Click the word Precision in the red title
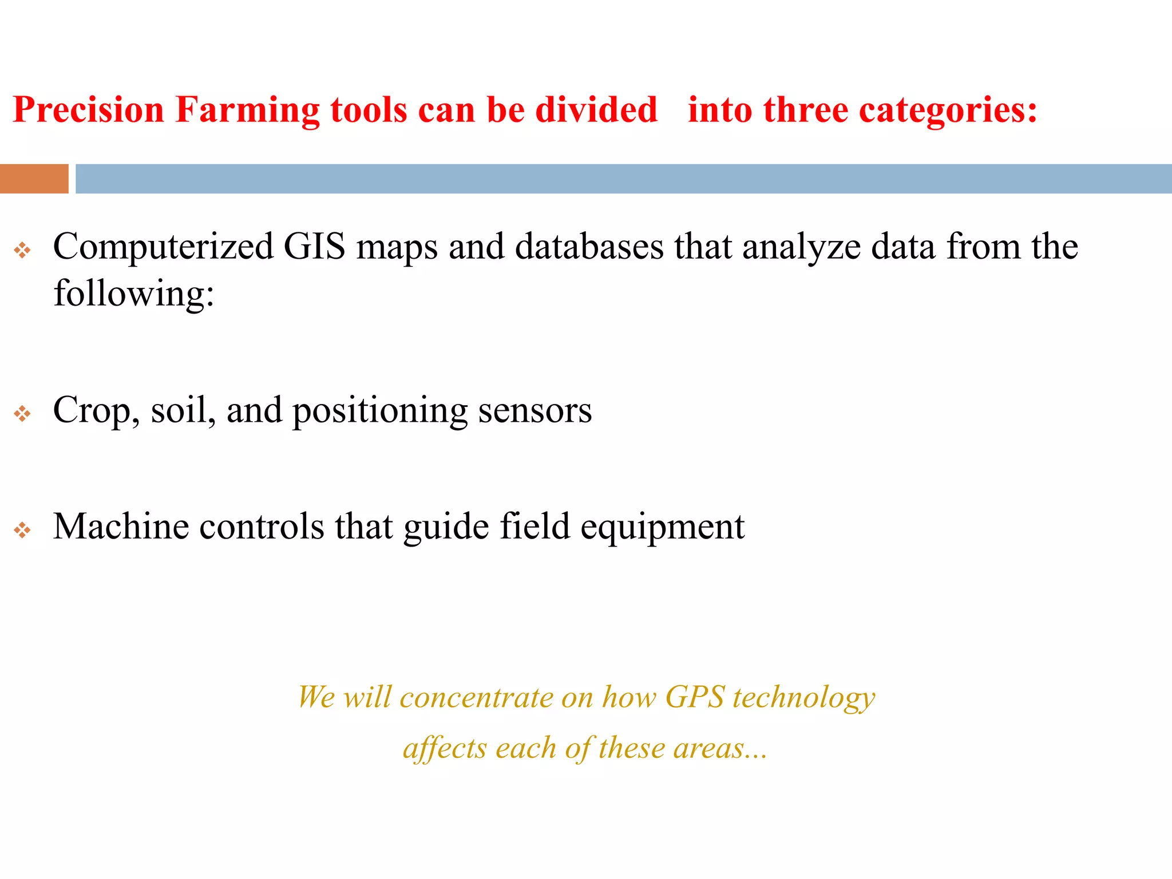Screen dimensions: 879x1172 [89, 109]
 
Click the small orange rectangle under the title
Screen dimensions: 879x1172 [34, 179]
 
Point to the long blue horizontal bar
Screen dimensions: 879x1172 [623, 179]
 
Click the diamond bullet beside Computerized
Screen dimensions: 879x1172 [22, 250]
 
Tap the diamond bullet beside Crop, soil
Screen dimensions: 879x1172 [22, 413]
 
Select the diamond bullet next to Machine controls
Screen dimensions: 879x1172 [22, 530]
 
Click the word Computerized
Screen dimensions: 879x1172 [163, 247]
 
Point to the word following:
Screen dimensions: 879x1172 [134, 294]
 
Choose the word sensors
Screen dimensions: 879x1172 [534, 411]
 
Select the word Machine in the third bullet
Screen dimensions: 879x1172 [121, 526]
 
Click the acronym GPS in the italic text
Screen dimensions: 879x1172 [695, 697]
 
